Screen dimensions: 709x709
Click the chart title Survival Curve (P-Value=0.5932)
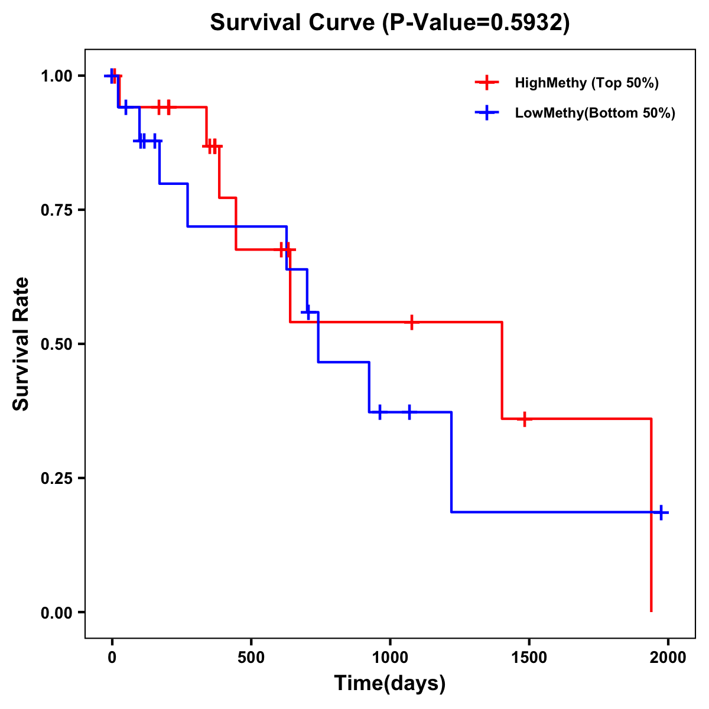(390, 22)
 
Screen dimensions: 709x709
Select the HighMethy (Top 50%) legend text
(587, 83)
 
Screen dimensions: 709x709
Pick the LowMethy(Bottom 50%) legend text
(595, 113)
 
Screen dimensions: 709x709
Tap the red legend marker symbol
(487, 83)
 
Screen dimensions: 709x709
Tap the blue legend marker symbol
(487, 113)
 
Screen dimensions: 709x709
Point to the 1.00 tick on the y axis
(56, 76)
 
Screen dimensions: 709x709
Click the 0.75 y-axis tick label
(56, 210)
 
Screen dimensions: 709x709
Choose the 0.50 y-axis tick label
(56, 344)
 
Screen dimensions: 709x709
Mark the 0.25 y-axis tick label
(56, 478)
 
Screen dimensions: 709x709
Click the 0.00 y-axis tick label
(56, 612)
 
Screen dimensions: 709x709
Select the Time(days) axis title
(390, 684)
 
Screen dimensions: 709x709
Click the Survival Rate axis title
(21, 344)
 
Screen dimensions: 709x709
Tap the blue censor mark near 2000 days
(662, 512)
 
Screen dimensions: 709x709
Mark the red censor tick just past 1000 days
(412, 322)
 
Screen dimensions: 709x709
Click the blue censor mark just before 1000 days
(379, 412)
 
